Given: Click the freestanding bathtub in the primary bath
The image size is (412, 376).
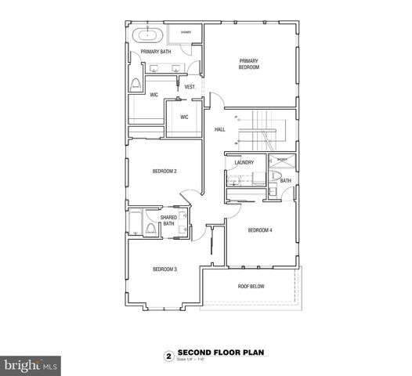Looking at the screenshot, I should point(149,34).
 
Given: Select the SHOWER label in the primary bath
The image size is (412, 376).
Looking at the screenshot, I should point(186,32).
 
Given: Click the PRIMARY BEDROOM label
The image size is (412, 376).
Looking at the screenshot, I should point(248,63).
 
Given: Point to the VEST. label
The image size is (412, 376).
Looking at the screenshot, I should point(190,86).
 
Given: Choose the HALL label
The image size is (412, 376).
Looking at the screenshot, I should point(219,129).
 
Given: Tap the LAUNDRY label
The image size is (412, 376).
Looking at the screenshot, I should point(243,162).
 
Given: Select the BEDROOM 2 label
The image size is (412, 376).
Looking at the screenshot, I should point(164,171).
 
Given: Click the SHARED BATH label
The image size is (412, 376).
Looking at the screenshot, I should point(168,221).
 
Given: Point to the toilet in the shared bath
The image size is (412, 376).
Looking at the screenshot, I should point(147,230).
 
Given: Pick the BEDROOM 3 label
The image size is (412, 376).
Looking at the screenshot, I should point(164,269).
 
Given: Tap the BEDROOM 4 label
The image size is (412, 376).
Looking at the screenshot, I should point(259,230).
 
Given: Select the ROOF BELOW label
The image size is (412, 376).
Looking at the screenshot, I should point(251,287).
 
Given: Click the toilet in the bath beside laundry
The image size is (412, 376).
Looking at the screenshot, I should point(272,190).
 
